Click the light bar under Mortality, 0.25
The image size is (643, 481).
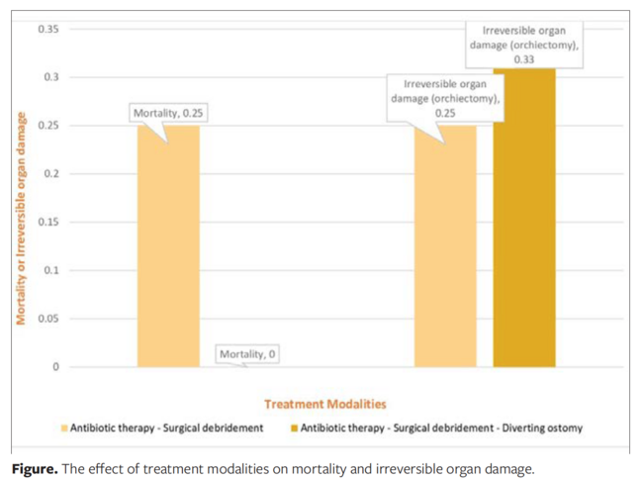click(168, 247)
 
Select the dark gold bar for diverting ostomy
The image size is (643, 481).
click(524, 218)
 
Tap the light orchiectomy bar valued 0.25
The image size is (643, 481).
click(445, 247)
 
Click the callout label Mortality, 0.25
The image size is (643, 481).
click(167, 114)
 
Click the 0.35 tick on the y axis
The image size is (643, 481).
click(47, 29)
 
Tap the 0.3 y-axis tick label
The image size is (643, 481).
click(50, 77)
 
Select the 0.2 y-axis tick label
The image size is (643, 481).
click(50, 174)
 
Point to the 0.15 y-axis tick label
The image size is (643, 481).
click(47, 222)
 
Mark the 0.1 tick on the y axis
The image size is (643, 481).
click(50, 270)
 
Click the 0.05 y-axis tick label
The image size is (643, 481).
click(47, 319)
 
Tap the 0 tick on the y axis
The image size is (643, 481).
click(55, 367)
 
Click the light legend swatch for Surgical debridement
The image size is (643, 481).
click(65, 429)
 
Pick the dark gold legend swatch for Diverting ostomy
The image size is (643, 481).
click(293, 429)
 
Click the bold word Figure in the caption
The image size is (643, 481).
click(35, 466)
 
